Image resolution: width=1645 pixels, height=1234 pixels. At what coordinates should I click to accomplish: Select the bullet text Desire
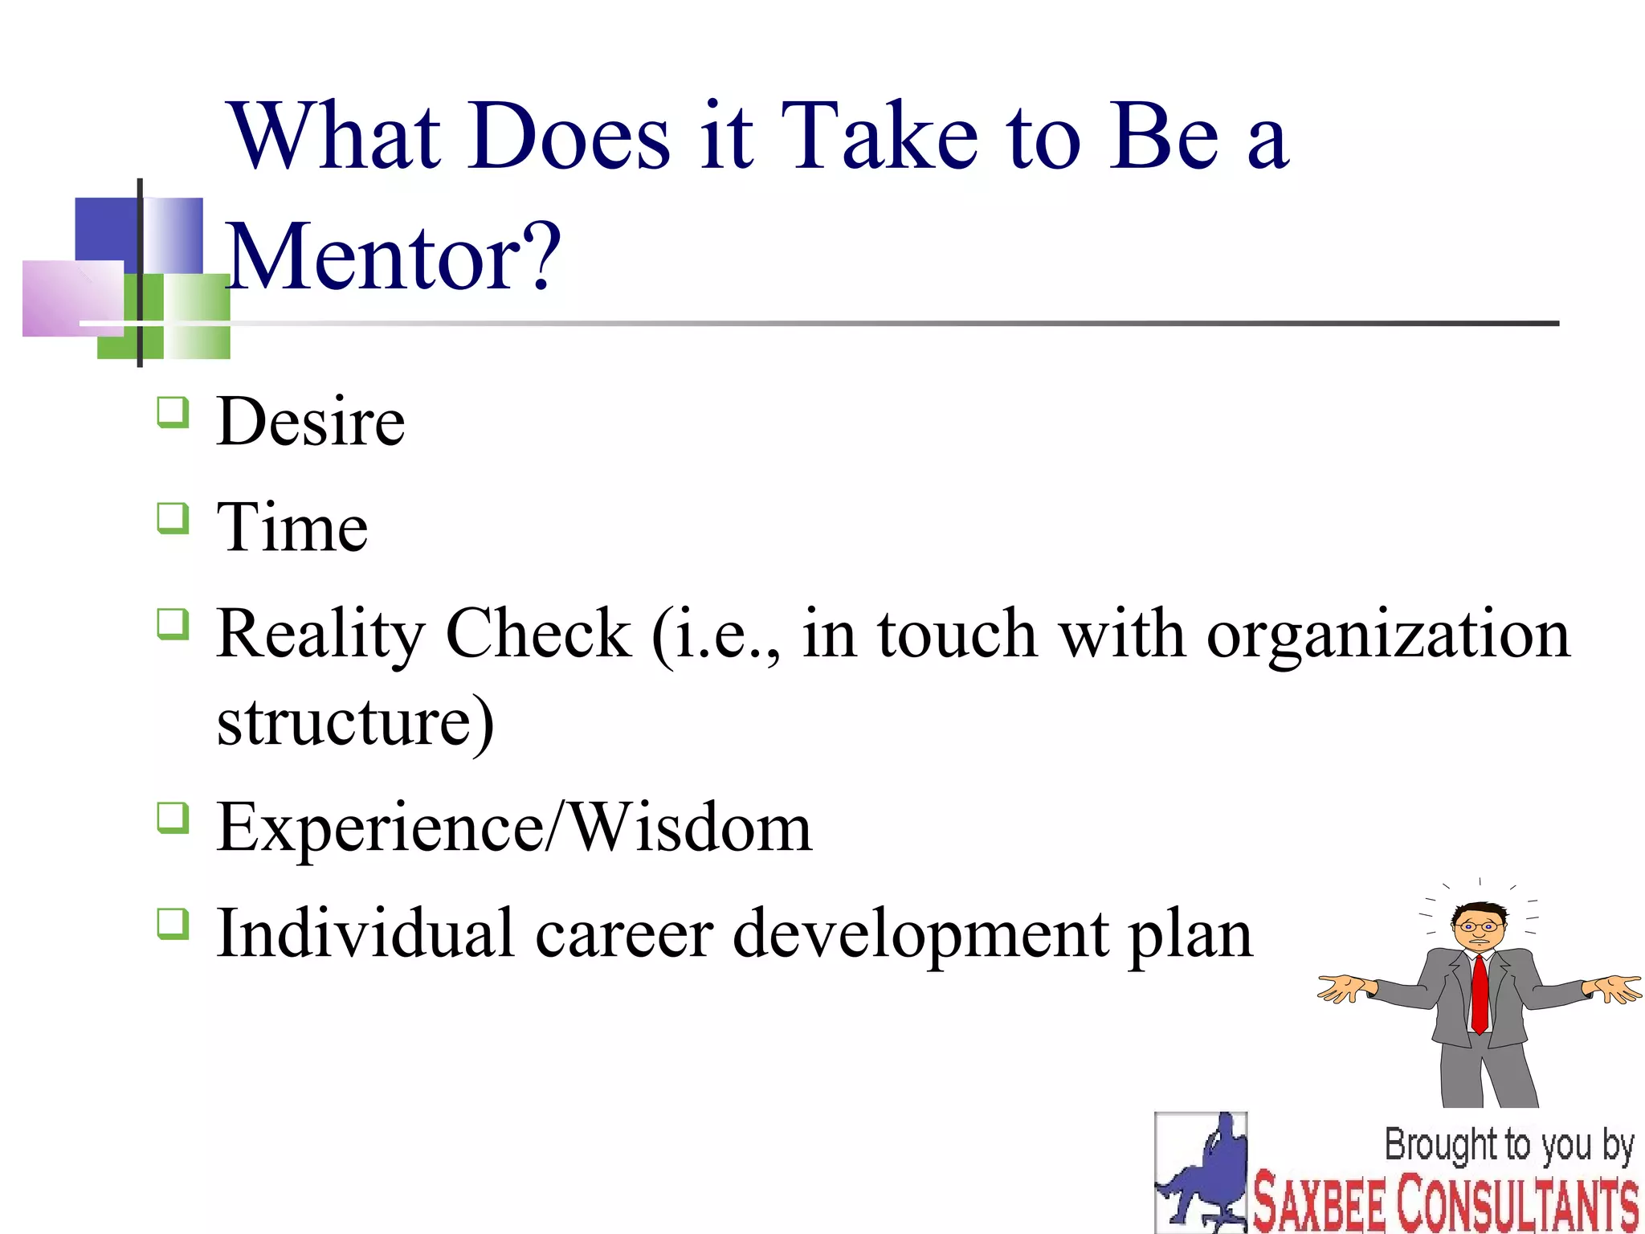point(311,422)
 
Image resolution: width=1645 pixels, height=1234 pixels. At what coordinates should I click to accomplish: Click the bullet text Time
point(292,528)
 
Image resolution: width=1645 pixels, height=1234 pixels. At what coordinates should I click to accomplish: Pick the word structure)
point(355,721)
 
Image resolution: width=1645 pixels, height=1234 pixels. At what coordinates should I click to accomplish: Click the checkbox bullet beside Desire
point(173,413)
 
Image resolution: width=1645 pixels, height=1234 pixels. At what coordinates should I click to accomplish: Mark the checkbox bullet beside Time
point(173,519)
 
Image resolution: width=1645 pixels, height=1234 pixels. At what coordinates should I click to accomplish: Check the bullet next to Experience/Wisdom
point(173,819)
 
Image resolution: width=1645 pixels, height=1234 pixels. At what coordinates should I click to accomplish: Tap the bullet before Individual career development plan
point(173,925)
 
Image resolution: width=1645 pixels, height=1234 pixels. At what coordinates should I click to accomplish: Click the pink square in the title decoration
point(72,297)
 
